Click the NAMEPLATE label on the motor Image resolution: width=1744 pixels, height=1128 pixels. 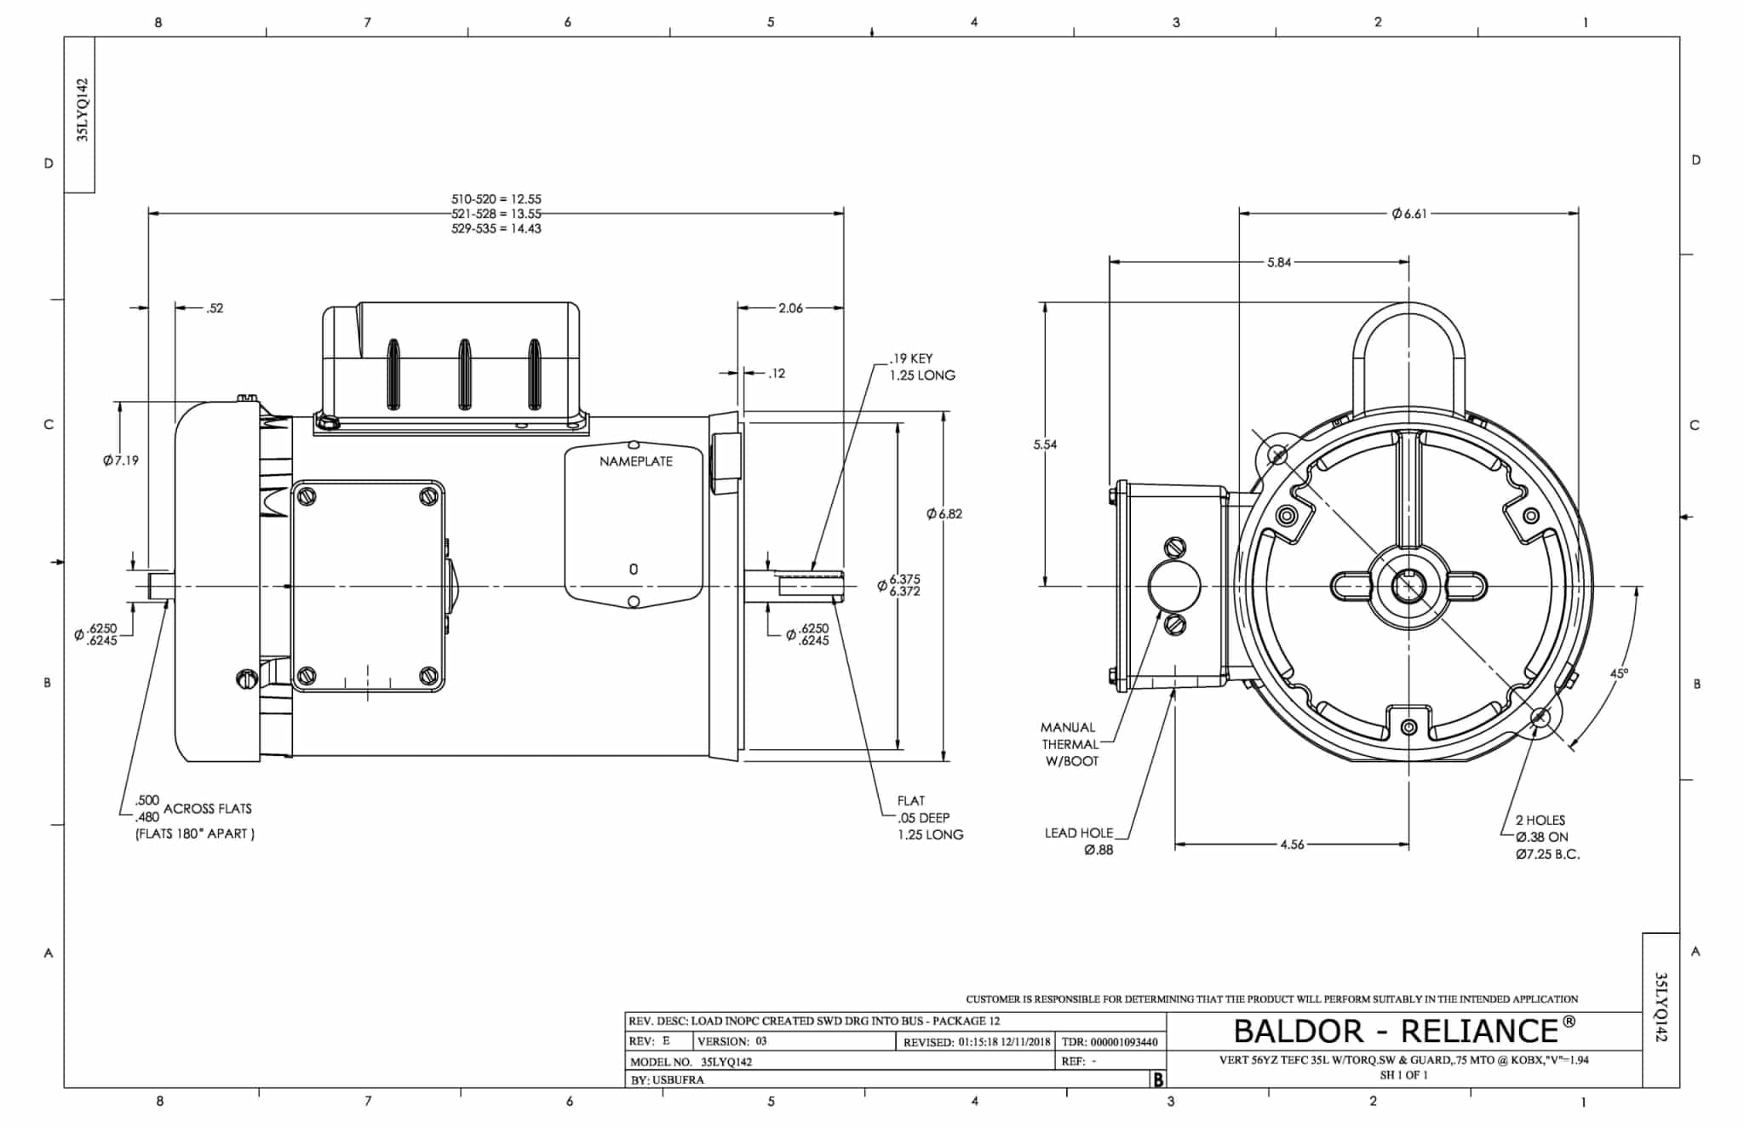[635, 461]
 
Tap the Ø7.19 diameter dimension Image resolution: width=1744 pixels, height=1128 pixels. [120, 461]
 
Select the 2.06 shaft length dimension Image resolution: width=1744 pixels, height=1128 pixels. [790, 308]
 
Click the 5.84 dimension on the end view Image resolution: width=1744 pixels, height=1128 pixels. [1278, 262]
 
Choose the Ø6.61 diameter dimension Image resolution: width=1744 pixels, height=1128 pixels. [1409, 214]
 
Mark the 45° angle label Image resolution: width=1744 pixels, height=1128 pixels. [1619, 673]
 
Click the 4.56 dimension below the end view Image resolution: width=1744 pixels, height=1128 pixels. [1292, 845]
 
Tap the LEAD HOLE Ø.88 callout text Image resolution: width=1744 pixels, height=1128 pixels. [1079, 841]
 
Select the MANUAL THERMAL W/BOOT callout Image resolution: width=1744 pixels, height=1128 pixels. [1070, 744]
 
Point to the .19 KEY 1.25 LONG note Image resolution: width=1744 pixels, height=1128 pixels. [921, 367]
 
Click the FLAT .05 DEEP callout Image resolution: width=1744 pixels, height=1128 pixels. [928, 817]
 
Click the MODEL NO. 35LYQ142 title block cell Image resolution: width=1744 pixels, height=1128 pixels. [691, 1062]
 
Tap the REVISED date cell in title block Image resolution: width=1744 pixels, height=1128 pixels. [976, 1041]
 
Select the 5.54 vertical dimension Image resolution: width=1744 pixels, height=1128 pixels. [1045, 444]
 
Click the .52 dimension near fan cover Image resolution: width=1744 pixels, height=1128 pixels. [215, 308]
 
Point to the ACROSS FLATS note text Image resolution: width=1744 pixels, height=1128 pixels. [207, 809]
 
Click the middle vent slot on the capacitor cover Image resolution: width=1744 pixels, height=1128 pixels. [465, 374]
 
